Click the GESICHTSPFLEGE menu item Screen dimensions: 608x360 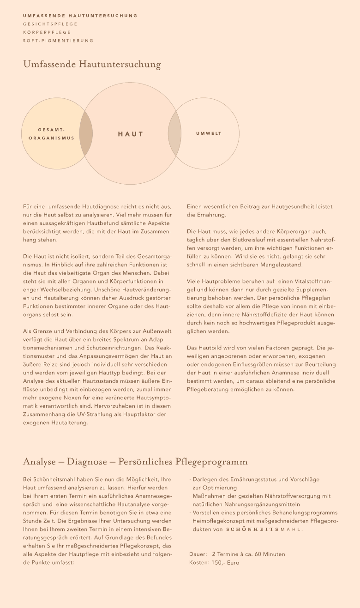point(50,24)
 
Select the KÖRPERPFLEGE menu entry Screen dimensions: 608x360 point(47,32)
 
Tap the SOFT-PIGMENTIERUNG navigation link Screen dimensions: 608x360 point(58,41)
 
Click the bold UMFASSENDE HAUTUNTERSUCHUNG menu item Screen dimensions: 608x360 point(80,16)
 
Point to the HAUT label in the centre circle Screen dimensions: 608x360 point(131,134)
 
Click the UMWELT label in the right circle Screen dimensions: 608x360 point(209,133)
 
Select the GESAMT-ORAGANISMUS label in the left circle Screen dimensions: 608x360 point(51,134)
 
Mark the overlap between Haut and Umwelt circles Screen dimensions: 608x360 point(174,133)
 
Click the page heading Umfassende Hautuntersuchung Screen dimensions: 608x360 point(92,64)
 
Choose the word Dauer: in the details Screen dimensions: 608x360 point(198,554)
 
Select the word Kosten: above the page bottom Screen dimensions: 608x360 point(199,563)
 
